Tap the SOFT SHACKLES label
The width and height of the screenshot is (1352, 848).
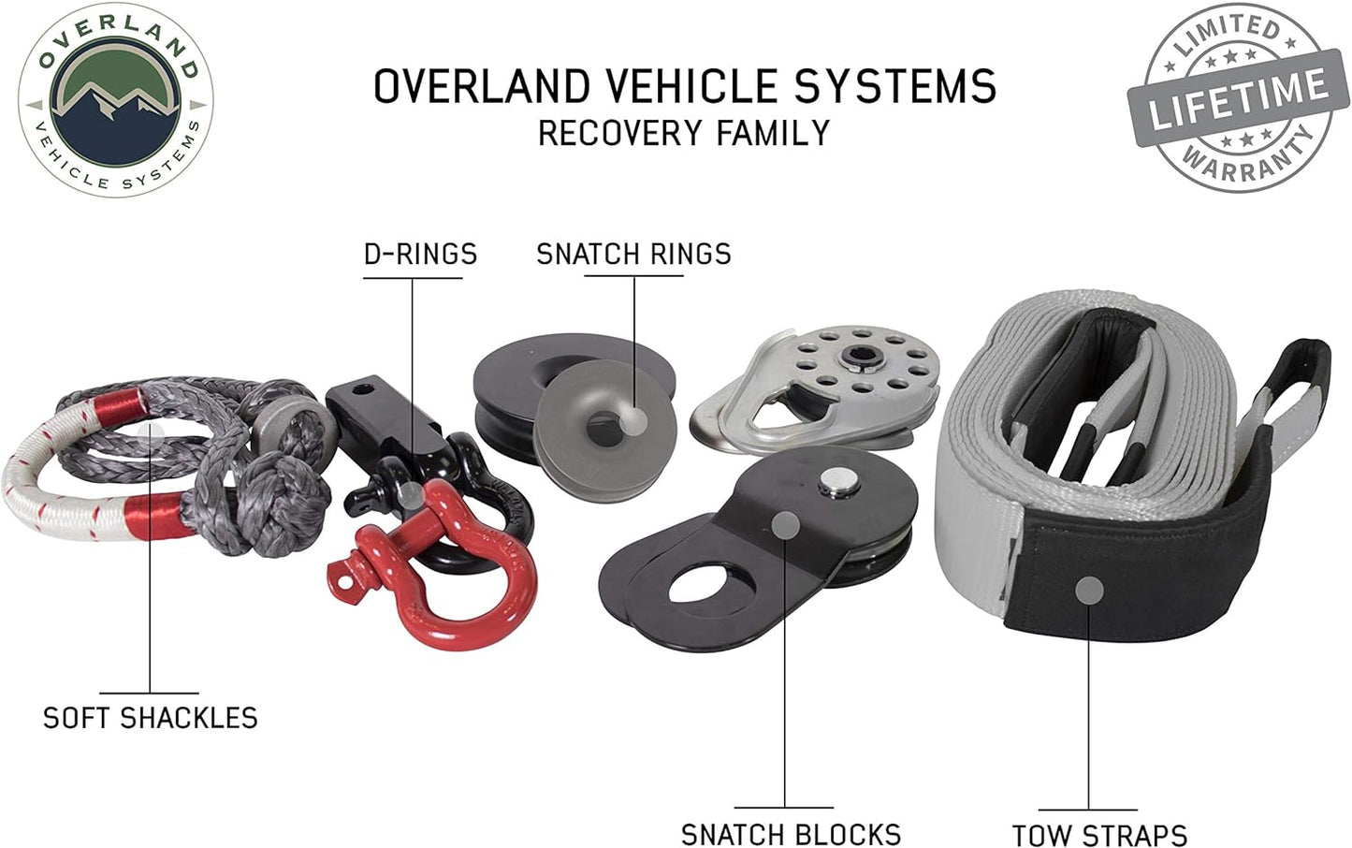pos(150,718)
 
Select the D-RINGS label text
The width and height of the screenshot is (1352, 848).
pos(420,254)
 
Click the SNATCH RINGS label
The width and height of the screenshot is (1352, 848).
pos(633,254)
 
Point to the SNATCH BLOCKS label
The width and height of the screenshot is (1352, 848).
pos(791,834)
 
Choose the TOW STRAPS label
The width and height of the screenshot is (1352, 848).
pos(1099,835)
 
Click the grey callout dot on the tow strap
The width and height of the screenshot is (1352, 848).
pos(1088,591)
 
